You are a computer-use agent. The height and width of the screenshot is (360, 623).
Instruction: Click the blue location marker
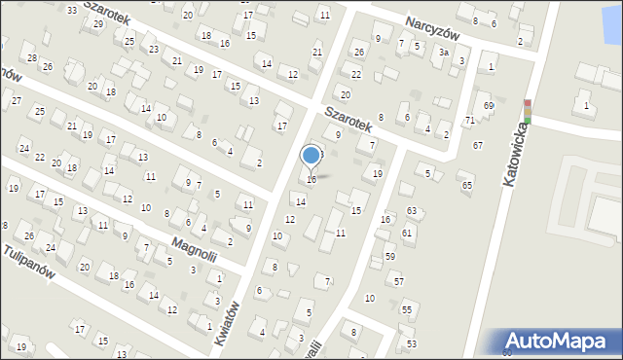[x=311, y=155]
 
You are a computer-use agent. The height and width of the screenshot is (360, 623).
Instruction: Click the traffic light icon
[x=528, y=111]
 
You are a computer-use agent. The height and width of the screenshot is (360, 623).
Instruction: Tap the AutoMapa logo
[x=563, y=342]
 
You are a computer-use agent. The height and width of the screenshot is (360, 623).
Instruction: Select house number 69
[x=489, y=105]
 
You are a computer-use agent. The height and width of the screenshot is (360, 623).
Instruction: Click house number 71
[x=469, y=120]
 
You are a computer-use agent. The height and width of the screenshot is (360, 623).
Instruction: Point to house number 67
[x=478, y=145]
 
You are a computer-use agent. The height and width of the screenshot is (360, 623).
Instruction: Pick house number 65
[x=466, y=185]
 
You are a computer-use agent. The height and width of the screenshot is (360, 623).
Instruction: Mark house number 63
[x=412, y=210]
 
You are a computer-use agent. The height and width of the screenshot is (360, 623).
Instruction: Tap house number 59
[x=389, y=256]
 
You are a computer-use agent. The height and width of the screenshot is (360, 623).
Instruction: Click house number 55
[x=407, y=309]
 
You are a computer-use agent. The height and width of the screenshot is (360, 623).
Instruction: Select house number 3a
[x=444, y=53]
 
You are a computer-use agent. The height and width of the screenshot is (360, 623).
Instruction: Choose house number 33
[x=71, y=10]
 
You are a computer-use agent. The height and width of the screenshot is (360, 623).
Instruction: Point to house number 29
[x=97, y=23]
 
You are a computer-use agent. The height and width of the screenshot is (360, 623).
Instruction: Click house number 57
[x=399, y=280]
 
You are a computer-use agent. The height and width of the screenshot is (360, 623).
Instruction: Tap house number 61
[x=407, y=233]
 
